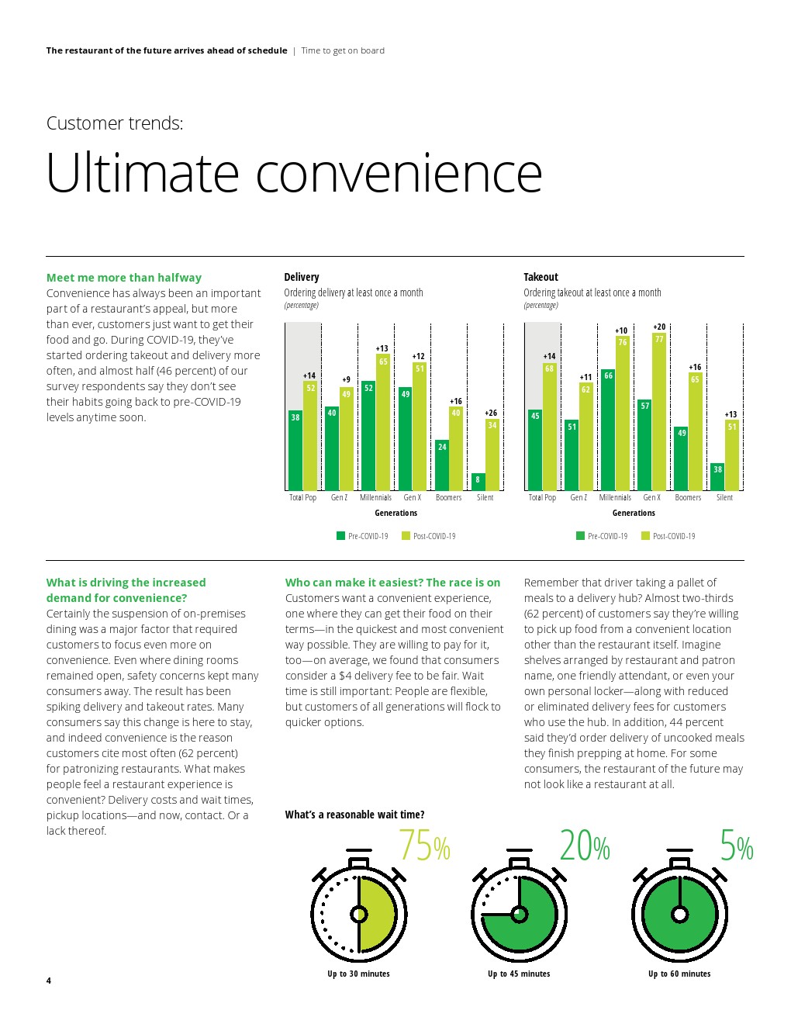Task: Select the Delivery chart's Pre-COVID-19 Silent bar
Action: (x=478, y=482)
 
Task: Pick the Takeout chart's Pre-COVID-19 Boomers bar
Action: (x=682, y=458)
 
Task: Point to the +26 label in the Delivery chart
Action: (x=491, y=413)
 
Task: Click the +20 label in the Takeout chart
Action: (x=659, y=327)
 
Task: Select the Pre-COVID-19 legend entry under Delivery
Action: (x=362, y=536)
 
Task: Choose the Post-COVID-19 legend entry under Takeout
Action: (x=668, y=536)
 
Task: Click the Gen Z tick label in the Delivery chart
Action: (x=339, y=497)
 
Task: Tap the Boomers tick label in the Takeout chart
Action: (x=688, y=497)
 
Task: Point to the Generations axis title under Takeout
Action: (x=634, y=513)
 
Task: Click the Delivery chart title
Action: (x=302, y=277)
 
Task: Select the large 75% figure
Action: (x=424, y=846)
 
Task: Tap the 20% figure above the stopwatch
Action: (x=585, y=846)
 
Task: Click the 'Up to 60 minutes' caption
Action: (x=679, y=974)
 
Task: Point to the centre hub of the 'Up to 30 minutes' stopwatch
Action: (x=359, y=914)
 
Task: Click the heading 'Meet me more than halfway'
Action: (x=124, y=278)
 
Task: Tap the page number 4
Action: (x=49, y=981)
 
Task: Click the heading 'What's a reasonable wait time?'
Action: (x=354, y=815)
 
